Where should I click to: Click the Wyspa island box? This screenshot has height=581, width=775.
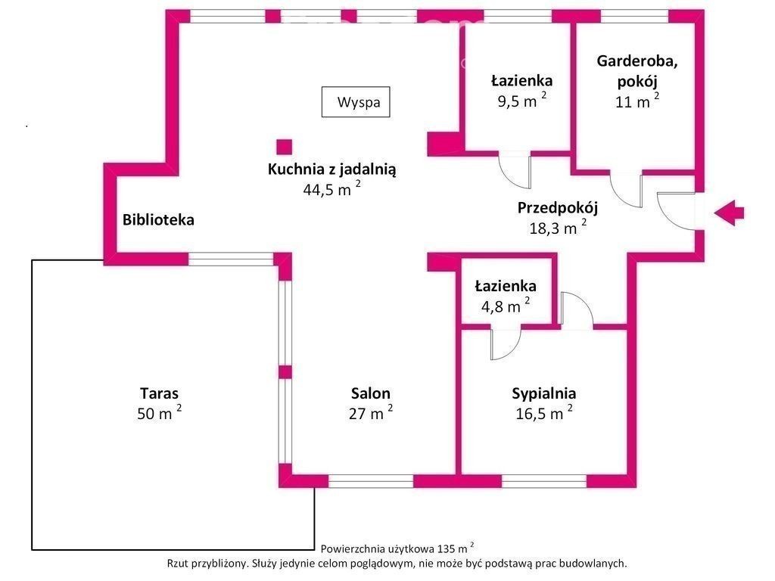tap(356, 102)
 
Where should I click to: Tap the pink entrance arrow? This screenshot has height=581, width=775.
tap(729, 213)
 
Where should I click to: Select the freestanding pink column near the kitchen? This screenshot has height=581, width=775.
tap(285, 148)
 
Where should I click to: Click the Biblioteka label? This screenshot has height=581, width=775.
tap(158, 219)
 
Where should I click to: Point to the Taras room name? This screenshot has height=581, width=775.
tap(159, 393)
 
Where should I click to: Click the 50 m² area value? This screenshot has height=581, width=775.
tap(159, 412)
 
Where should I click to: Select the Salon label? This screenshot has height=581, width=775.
tap(371, 393)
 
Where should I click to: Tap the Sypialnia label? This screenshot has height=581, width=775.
tap(543, 393)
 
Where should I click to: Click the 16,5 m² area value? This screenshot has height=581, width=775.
tap(543, 412)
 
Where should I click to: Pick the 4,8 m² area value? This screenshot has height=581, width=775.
tap(505, 306)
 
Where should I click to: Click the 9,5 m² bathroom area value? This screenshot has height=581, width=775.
tap(522, 101)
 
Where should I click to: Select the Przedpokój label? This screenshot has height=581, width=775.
tap(558, 208)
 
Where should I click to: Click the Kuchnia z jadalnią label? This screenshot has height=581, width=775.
tap(331, 169)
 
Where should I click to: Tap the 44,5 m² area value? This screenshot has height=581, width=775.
tap(331, 188)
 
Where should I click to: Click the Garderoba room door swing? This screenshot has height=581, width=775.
tap(626, 190)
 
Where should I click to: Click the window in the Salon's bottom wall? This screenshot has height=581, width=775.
tap(371, 480)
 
